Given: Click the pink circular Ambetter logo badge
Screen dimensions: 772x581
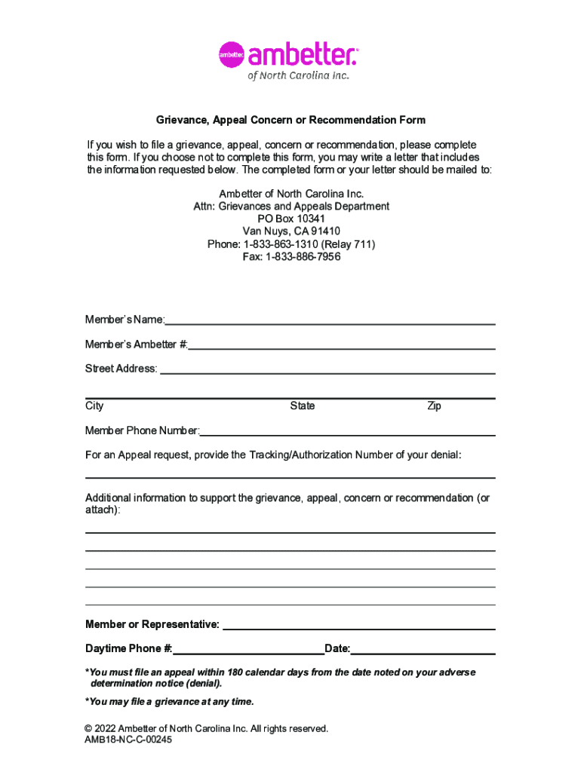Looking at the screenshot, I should (x=232, y=54).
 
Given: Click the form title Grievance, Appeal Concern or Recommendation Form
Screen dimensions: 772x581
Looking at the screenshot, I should (x=290, y=120).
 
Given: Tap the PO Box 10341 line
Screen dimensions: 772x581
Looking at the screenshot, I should (x=291, y=219).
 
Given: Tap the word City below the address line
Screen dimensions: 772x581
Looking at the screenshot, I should (x=94, y=406).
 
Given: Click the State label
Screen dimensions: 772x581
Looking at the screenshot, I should (x=303, y=406).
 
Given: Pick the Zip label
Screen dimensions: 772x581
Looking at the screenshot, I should (x=434, y=406).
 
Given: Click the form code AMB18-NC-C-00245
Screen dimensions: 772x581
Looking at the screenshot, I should (x=128, y=740).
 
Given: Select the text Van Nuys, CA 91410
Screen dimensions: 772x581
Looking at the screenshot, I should (x=291, y=231).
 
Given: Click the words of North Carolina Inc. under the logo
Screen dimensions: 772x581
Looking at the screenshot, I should (x=299, y=75).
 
